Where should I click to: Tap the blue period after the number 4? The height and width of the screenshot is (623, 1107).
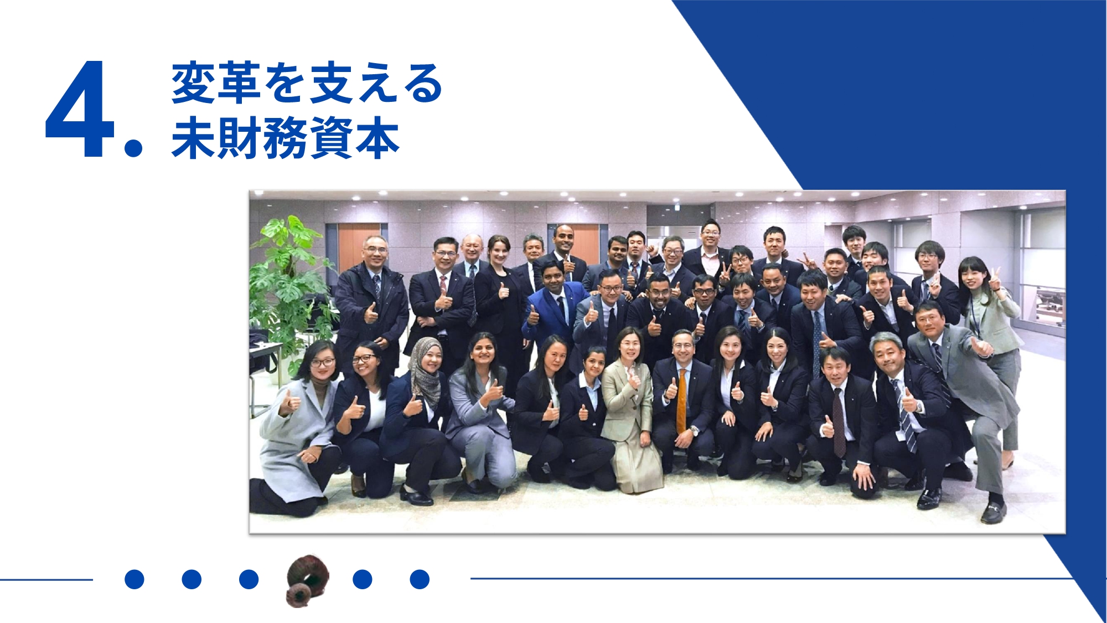point(133,147)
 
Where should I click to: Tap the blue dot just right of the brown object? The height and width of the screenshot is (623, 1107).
point(363,579)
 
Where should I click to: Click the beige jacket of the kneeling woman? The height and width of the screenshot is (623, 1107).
point(629,399)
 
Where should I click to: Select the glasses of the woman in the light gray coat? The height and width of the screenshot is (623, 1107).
point(322,363)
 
